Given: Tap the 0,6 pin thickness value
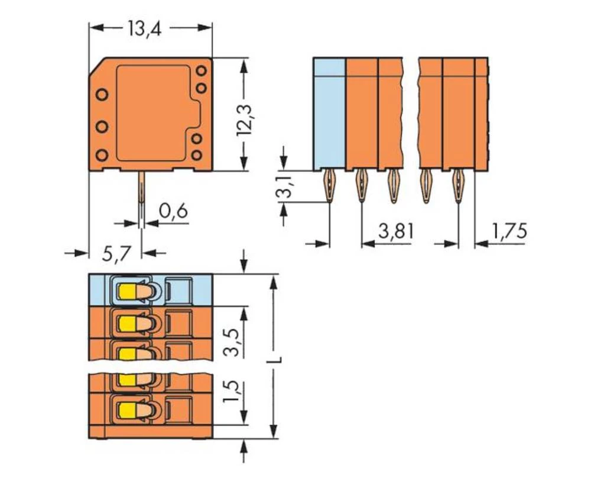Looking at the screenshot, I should pos(173,211).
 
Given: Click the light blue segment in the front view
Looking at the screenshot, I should pos(329,113).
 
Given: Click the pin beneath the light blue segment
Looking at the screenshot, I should pos(329,186).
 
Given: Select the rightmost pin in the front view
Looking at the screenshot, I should pos(458,186).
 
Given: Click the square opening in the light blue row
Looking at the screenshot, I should pos(179,290).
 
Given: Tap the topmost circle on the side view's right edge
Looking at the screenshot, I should pos(201,70).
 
